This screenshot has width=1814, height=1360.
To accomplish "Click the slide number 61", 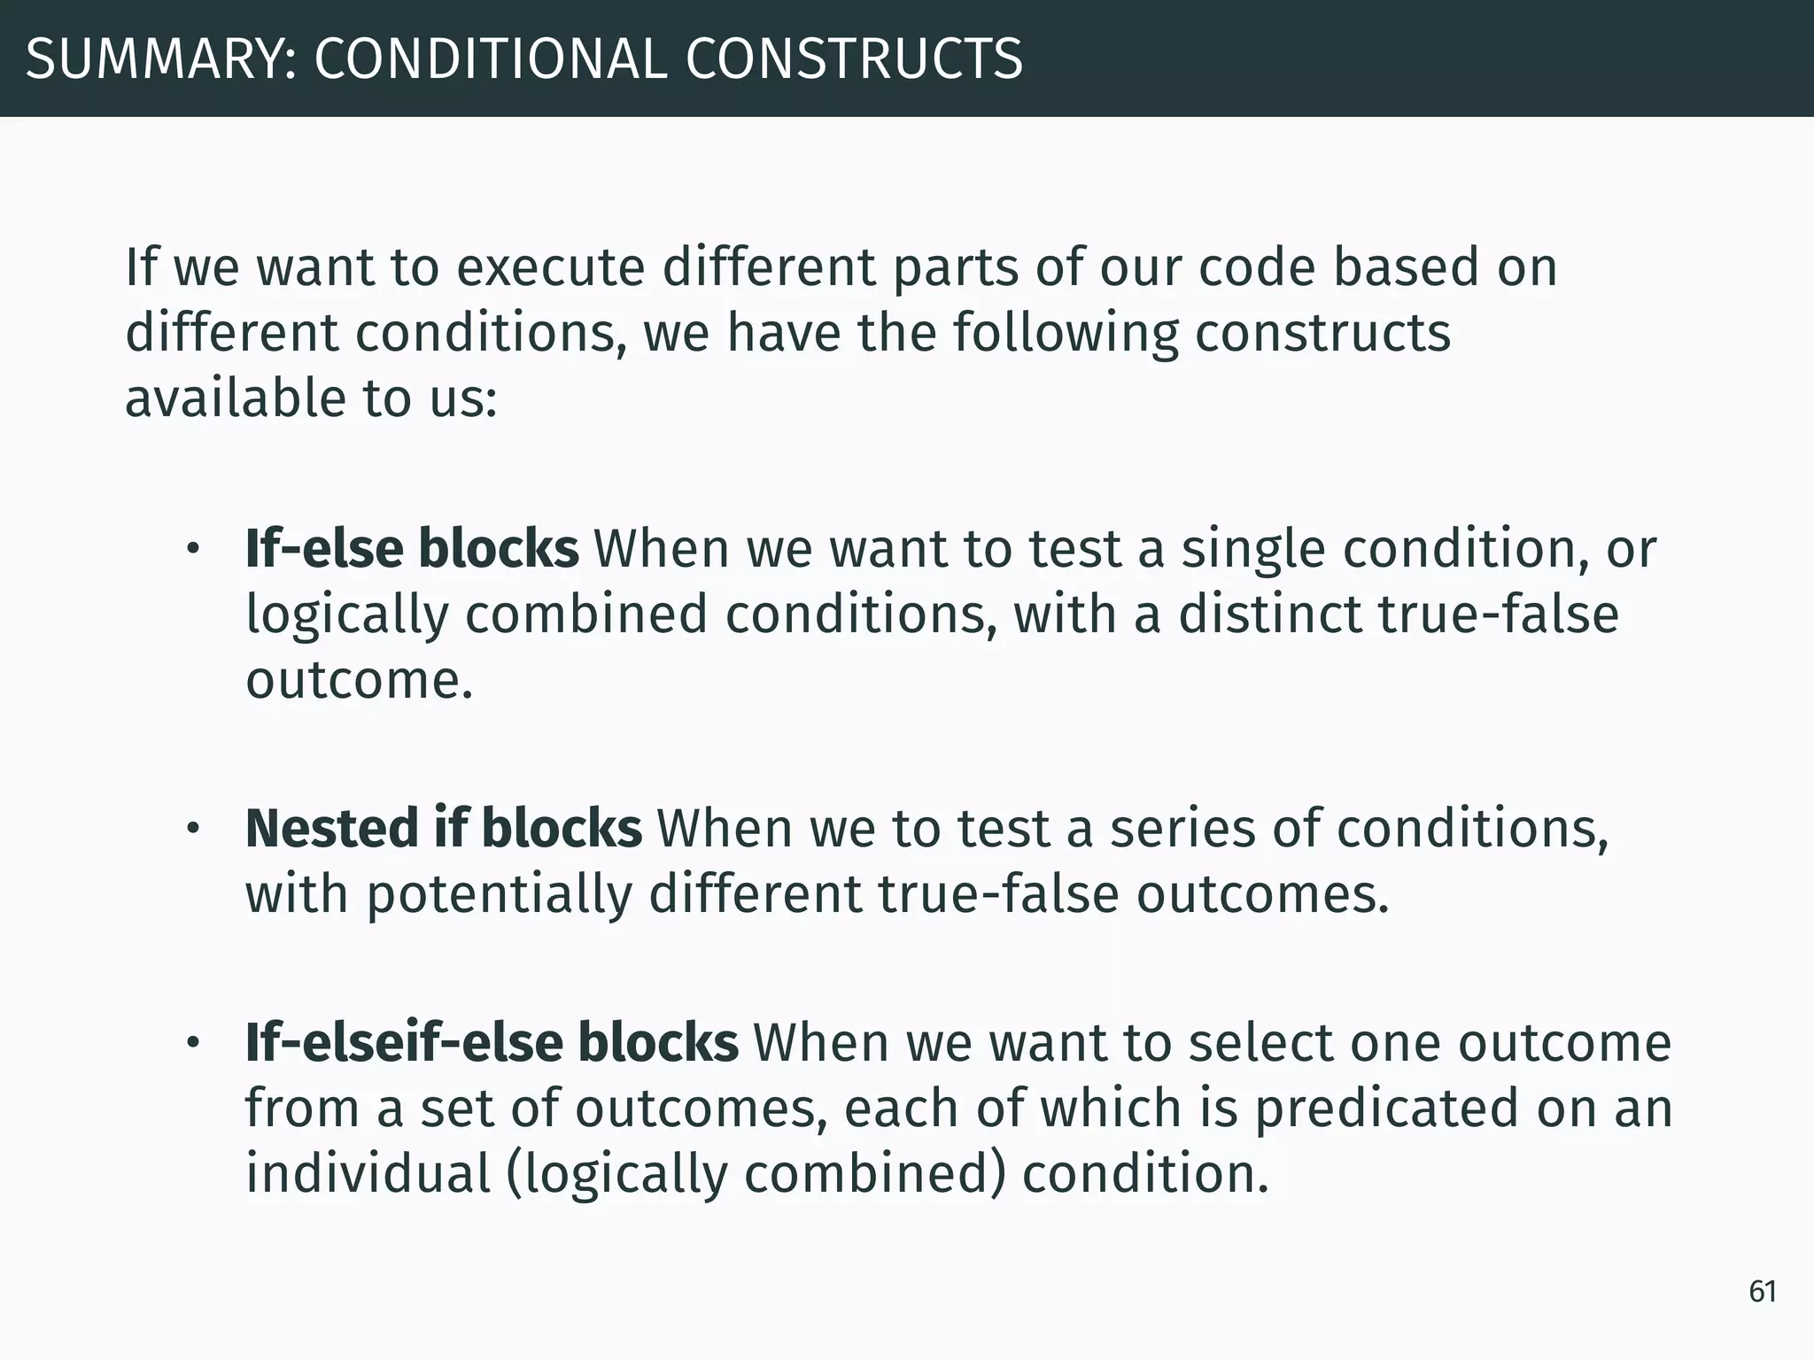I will (1763, 1292).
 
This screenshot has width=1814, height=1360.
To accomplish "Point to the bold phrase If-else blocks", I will (412, 549).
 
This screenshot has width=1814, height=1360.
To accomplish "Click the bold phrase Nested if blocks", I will (443, 829).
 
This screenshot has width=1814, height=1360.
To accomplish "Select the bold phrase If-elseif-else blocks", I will (492, 1042).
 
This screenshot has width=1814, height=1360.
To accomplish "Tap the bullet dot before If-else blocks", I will (193, 550).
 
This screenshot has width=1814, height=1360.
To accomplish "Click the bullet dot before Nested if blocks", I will (193, 830).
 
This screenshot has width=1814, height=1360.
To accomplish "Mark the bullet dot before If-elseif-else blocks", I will (193, 1043).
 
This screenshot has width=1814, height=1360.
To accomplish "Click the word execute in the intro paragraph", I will (550, 267).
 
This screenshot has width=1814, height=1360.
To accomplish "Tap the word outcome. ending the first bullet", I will (359, 680).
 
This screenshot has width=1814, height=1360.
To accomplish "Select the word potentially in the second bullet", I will (499, 895).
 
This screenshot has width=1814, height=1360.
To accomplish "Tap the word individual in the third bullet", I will (368, 1174).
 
